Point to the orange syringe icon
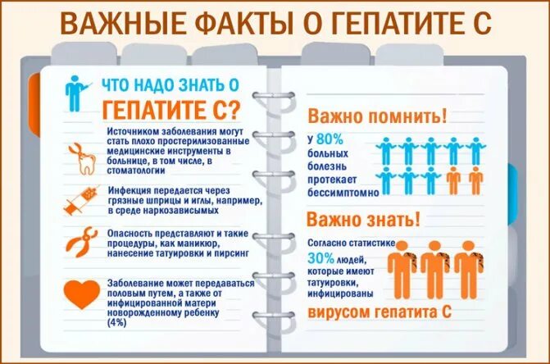coord(82,199)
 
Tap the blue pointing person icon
coord(75,92)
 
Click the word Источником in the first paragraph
coord(135,130)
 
